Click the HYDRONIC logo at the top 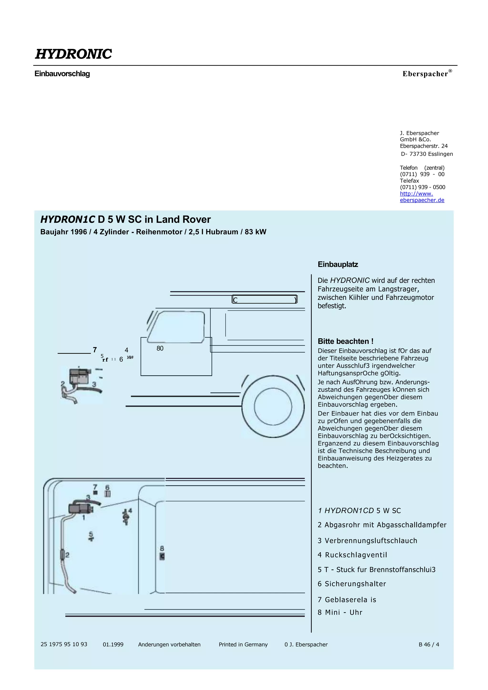point(73,54)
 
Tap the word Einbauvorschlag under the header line point(62,74)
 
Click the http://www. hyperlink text point(416,194)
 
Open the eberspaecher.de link point(422,200)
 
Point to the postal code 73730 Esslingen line point(427,154)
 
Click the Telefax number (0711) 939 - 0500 point(422,187)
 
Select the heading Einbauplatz point(338,264)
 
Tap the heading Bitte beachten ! point(346,341)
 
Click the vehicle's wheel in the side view point(273,406)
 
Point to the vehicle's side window point(177,327)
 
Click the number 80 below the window point(160,348)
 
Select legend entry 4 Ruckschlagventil point(352,555)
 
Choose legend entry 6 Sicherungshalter point(351,584)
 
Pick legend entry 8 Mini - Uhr point(340,613)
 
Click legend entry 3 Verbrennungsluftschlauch point(367,541)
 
